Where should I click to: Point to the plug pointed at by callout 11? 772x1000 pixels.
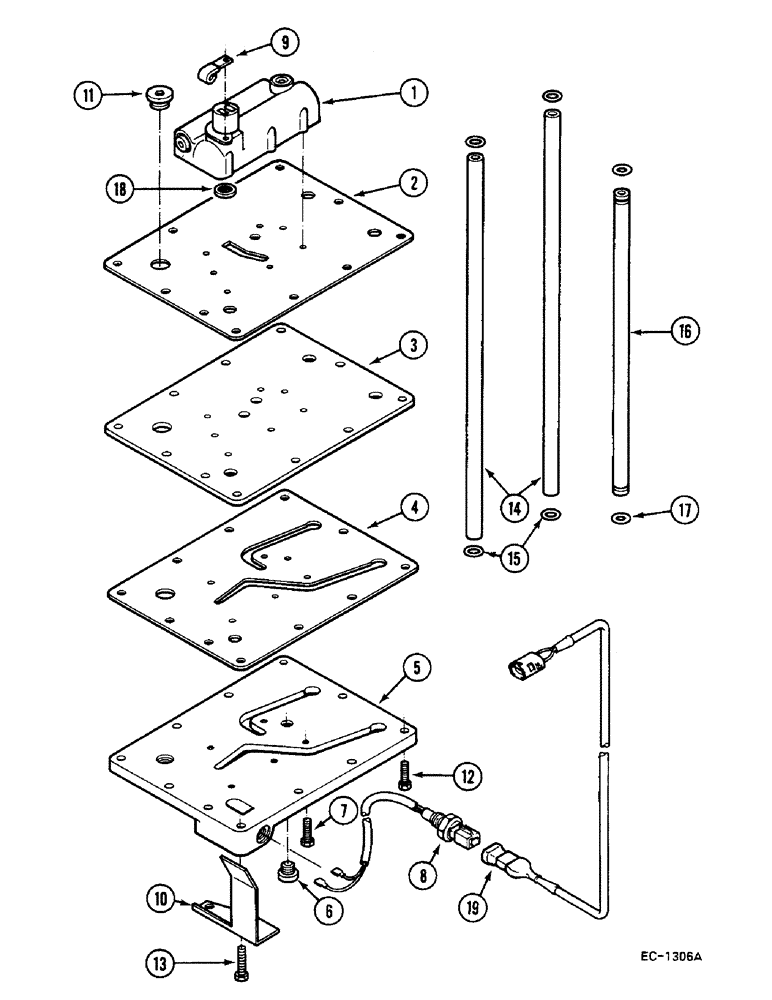[159, 97]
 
